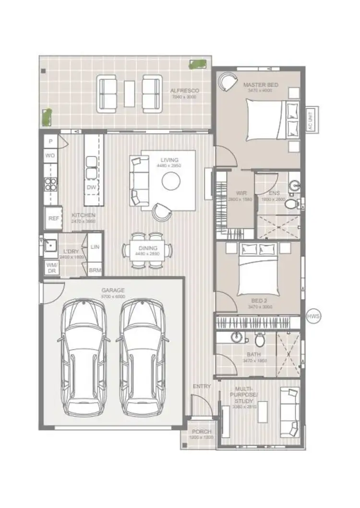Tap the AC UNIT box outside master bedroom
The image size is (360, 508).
310,119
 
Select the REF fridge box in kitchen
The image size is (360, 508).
53,218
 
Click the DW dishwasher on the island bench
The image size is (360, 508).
91,187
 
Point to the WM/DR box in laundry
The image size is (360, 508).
51,268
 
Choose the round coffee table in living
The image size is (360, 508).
171,181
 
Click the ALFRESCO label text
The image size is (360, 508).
184,91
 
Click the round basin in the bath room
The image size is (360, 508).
236,338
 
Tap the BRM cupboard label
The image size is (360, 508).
95,271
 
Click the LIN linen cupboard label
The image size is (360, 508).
95,247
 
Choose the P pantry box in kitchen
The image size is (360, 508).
50,142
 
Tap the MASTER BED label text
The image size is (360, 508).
260,85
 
